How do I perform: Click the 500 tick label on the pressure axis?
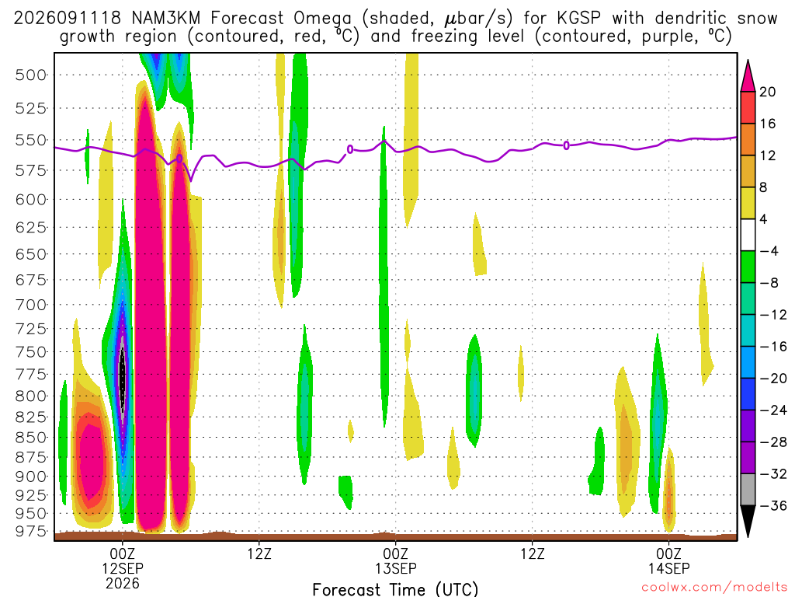31,75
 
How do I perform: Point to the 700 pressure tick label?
31,305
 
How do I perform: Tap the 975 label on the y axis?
31,532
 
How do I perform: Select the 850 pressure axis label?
31,437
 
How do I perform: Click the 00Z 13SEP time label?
395,560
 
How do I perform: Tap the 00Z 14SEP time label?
668,560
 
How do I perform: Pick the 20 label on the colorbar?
767,92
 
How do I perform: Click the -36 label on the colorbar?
772,505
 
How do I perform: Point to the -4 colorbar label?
769,251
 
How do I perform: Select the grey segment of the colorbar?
748,490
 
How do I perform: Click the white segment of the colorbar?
748,235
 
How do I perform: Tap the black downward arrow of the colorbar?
748,521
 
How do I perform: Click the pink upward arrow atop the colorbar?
748,76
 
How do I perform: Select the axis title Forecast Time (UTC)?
395,589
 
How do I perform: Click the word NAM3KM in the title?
166,19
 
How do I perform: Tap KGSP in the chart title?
578,19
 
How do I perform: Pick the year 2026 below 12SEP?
123,583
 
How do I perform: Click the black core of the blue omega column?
122,379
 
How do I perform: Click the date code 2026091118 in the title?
68,19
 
